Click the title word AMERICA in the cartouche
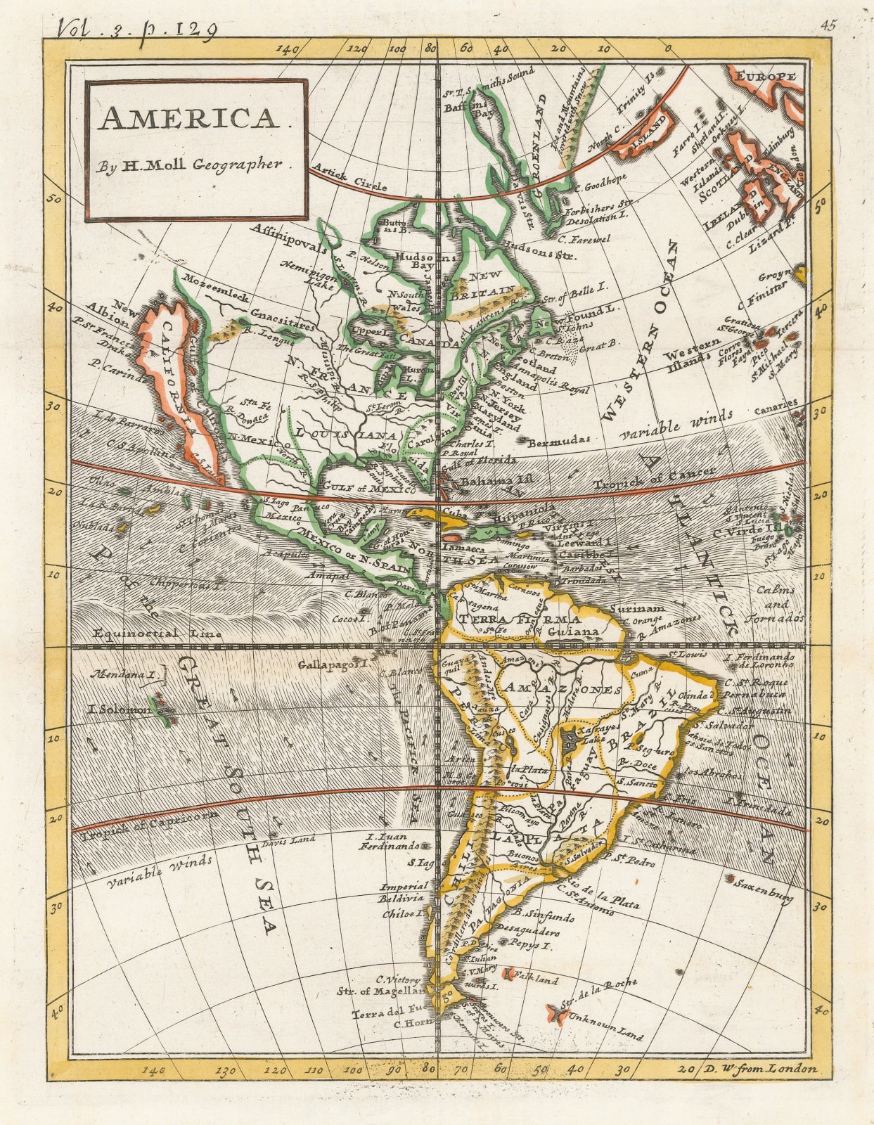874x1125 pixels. pyautogui.click(x=188, y=120)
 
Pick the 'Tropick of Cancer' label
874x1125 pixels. pyautogui.click(x=654, y=479)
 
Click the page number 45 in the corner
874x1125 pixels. pyautogui.click(x=828, y=26)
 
